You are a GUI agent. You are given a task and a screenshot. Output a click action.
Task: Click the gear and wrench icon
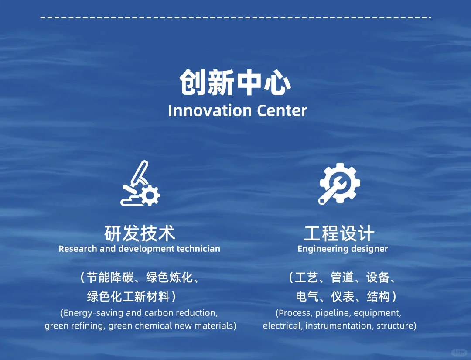(x=339, y=184)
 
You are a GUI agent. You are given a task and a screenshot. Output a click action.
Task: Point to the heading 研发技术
(x=140, y=233)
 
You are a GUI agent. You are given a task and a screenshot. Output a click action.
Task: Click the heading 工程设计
(x=339, y=233)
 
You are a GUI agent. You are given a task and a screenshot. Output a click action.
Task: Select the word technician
(x=198, y=249)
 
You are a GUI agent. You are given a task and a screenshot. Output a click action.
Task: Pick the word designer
(x=370, y=249)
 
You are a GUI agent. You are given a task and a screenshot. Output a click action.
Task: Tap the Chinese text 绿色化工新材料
(x=128, y=297)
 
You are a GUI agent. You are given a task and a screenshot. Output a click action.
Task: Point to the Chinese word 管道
(x=342, y=278)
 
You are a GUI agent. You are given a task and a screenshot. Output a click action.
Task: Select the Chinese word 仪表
(x=342, y=297)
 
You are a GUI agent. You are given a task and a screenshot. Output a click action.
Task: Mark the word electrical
(x=282, y=326)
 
